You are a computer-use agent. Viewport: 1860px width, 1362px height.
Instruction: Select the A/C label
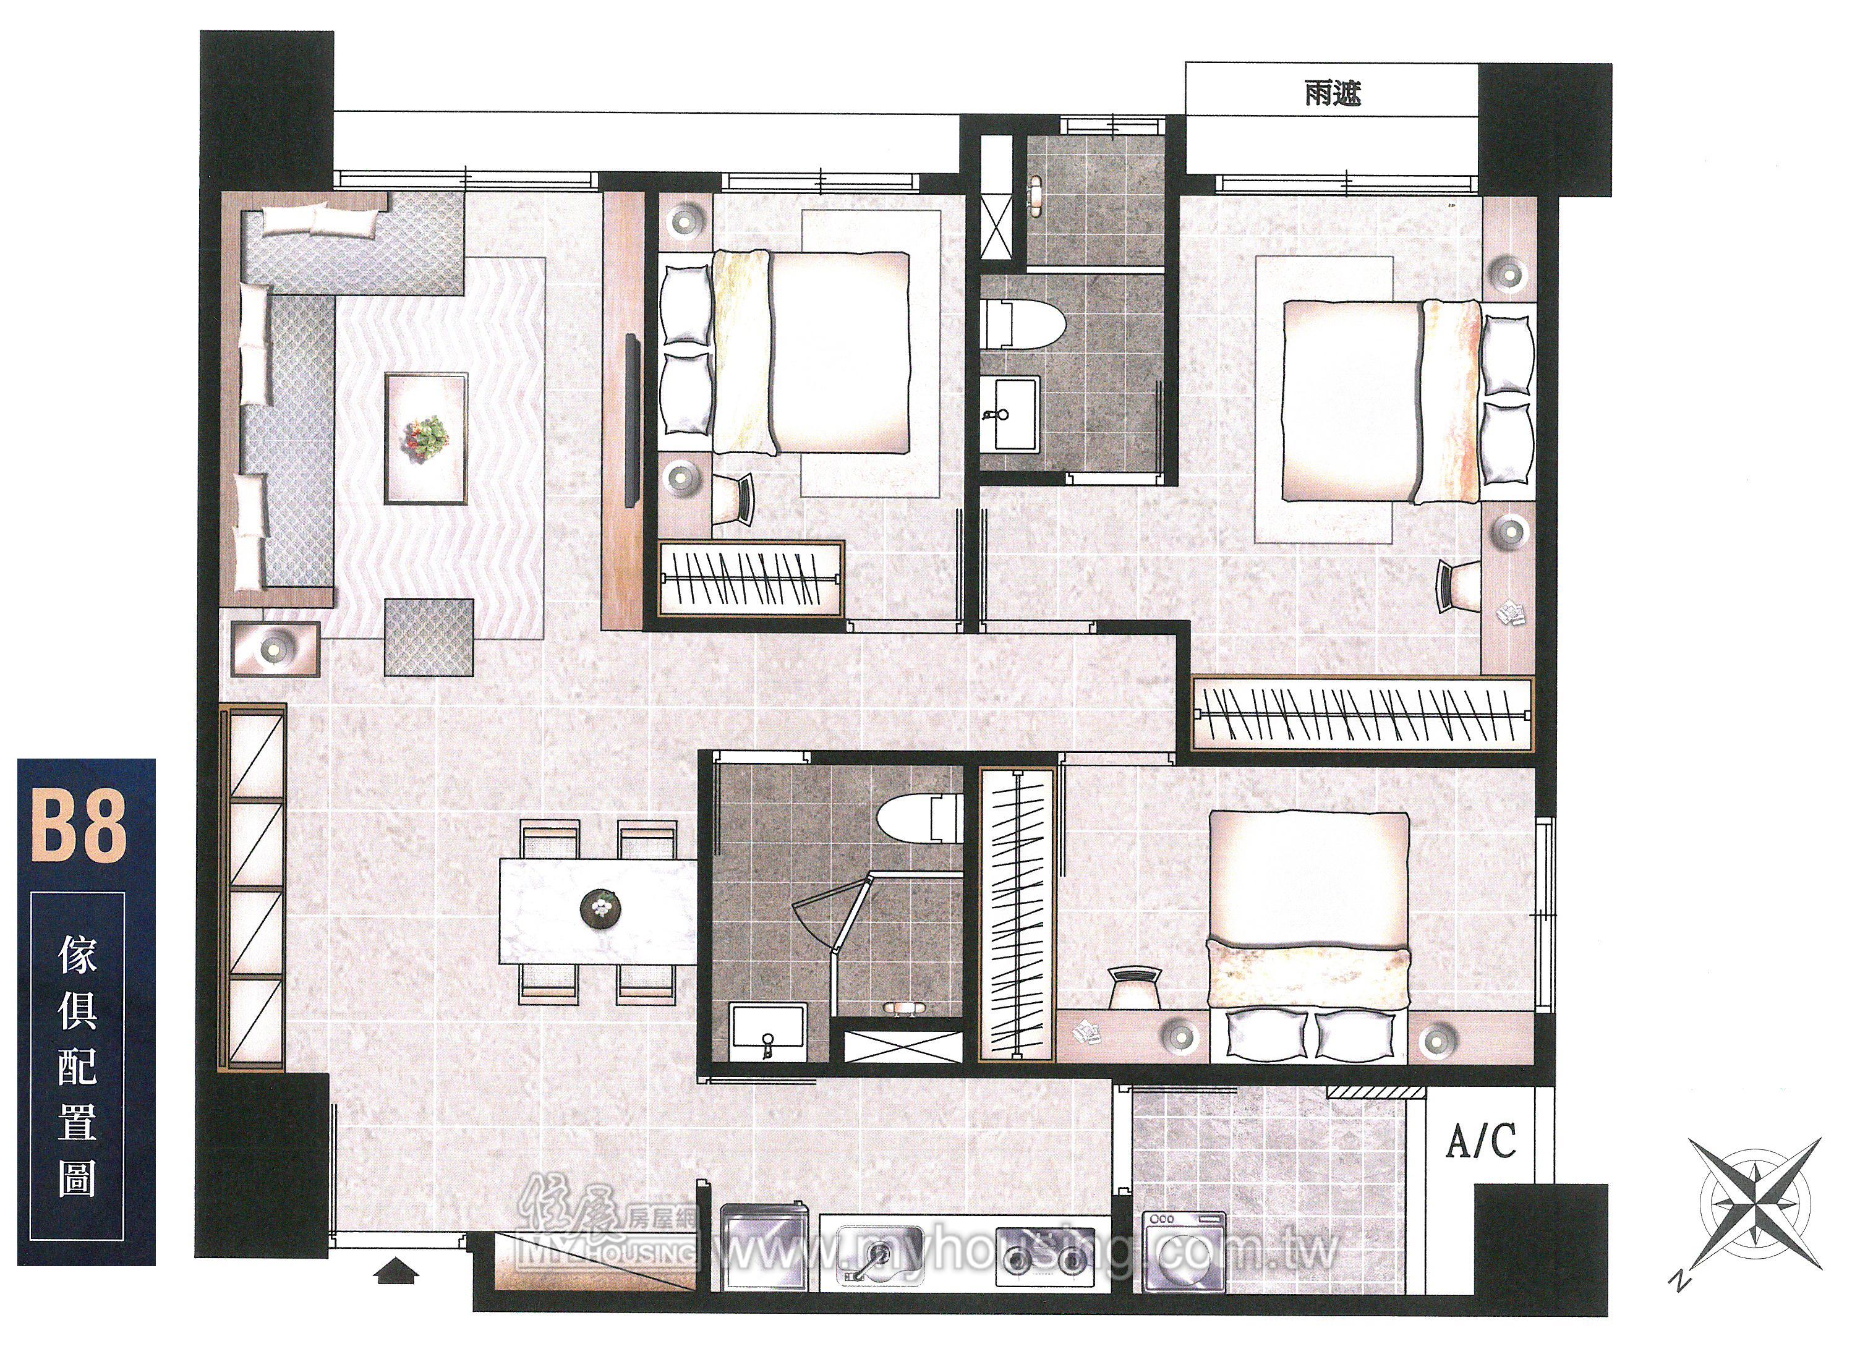point(1482,1141)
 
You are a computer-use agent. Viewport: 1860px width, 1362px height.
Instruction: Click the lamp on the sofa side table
point(275,650)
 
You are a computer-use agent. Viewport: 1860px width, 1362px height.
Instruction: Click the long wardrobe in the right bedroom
point(1363,714)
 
